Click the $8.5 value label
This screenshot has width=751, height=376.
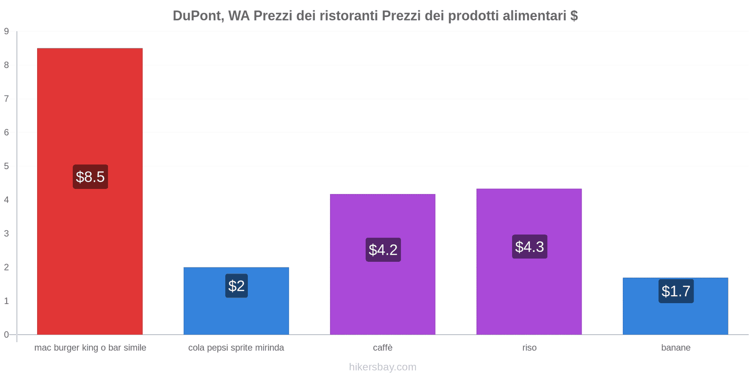[x=90, y=177]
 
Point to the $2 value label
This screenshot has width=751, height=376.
[x=236, y=286]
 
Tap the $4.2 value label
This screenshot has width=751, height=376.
[x=383, y=250]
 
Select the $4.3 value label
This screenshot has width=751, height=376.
[x=529, y=247]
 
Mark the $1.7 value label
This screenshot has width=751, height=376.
[x=676, y=291]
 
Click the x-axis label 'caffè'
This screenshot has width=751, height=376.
[x=383, y=348]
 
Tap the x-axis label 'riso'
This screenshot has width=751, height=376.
[x=529, y=348]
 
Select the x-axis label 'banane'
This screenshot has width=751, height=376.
[x=675, y=348]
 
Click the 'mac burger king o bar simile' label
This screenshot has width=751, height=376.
[x=90, y=348]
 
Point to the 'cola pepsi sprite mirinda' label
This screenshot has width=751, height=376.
[x=236, y=348]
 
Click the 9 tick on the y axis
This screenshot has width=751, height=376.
[x=7, y=31]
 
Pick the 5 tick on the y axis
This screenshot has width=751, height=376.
[x=7, y=166]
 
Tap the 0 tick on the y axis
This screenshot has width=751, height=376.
[x=7, y=335]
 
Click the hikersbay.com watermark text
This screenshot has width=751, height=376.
[x=383, y=367]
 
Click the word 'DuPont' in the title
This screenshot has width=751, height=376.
[x=197, y=16]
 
